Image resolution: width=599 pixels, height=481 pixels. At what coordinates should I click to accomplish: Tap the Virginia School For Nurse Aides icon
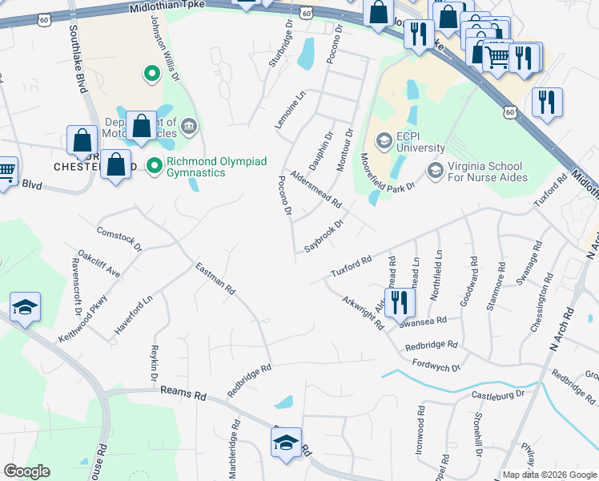pos(435,169)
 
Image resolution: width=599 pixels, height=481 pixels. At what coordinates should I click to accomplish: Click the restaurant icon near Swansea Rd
pos(398,302)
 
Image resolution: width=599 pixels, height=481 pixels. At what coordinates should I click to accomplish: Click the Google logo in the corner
pos(26,471)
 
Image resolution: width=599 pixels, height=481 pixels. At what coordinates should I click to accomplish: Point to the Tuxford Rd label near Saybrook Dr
pos(352,268)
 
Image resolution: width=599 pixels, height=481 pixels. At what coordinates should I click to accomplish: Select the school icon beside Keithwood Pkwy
pos(25,307)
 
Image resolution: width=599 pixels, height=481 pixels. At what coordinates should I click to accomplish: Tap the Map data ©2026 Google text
pos(549,475)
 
